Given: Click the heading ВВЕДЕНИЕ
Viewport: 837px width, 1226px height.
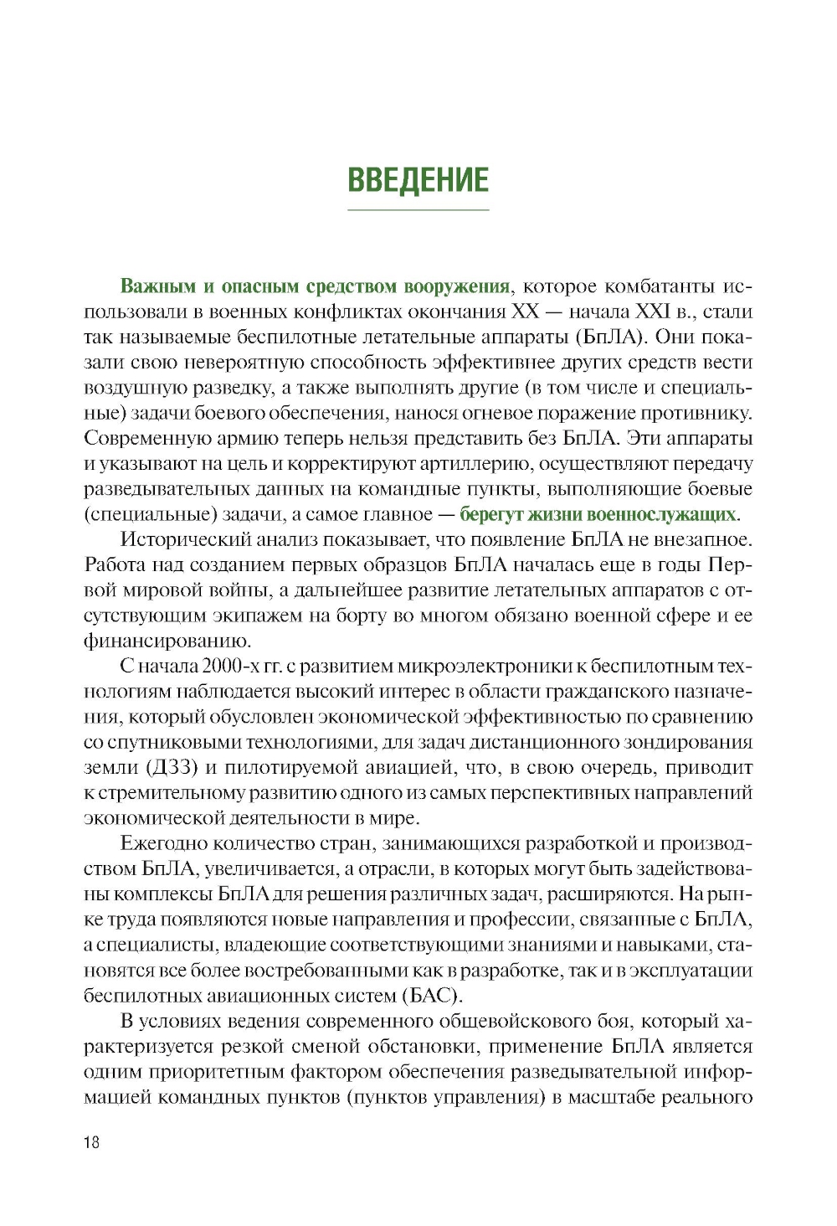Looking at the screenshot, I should click(x=418, y=180).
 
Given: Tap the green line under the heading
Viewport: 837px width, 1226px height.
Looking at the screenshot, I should click(x=418, y=209).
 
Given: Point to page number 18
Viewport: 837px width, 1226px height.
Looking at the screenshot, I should click(x=91, y=1142).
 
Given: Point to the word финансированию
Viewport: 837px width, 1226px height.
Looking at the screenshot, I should click(x=167, y=641).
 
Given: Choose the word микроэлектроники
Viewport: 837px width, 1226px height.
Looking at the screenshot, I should click(x=483, y=666).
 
